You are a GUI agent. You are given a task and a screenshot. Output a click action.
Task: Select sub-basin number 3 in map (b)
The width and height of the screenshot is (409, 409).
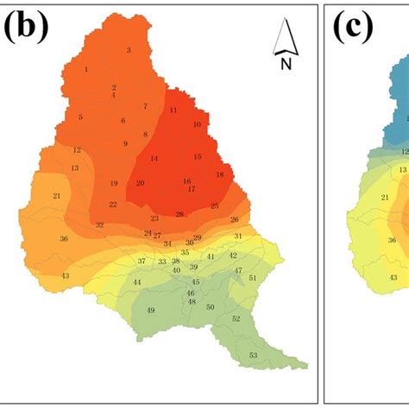(129, 50)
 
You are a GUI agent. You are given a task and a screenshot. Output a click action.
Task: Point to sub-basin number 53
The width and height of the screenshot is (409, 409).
(253, 356)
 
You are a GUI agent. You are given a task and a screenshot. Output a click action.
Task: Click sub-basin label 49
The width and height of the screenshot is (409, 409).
(151, 311)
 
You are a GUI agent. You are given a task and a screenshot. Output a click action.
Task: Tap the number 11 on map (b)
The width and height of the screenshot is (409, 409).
(173, 110)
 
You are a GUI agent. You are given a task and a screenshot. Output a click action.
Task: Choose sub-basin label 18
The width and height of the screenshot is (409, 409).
(219, 175)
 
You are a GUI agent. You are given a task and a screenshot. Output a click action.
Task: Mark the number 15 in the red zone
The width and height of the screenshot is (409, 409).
(198, 156)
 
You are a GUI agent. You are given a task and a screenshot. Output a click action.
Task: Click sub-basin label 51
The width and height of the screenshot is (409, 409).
(252, 278)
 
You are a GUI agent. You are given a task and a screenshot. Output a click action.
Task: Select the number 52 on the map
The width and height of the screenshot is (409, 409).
(236, 318)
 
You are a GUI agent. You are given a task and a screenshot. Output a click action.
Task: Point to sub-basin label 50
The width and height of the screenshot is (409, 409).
(210, 306)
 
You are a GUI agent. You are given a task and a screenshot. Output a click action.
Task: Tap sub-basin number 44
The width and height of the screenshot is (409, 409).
(137, 283)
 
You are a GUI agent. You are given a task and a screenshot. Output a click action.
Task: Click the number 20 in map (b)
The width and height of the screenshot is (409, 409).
(140, 183)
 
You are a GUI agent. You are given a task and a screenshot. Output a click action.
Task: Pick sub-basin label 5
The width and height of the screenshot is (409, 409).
(80, 117)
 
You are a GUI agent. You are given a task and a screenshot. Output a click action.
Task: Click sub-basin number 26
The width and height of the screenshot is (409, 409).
(234, 220)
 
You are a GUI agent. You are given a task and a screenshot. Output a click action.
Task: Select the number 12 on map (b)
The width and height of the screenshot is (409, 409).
(77, 150)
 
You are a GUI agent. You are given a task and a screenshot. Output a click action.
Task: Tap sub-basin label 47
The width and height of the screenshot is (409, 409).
(238, 271)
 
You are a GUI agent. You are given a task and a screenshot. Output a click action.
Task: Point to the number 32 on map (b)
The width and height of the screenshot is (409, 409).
(100, 225)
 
